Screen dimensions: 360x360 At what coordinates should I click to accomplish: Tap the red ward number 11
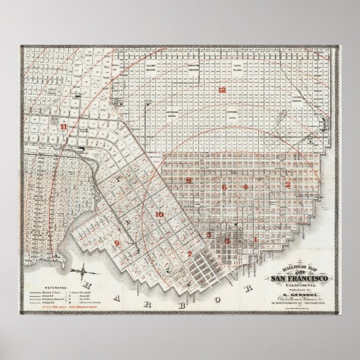(64, 127)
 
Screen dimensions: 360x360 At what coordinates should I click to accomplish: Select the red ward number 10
(159, 215)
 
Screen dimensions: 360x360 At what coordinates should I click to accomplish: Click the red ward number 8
(189, 180)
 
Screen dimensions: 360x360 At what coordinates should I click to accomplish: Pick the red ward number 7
(190, 254)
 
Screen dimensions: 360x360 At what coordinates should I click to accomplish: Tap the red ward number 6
(224, 187)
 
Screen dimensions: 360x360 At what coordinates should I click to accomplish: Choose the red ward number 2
(288, 184)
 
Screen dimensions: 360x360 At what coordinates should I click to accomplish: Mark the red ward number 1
(256, 239)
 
